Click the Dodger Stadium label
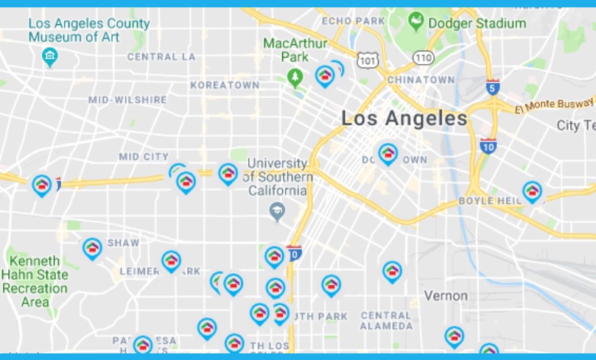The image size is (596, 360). tap(480, 23)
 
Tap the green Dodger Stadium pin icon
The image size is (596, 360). tap(417, 21)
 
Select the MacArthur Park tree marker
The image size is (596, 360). tap(295, 77)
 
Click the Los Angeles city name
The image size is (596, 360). tap(404, 118)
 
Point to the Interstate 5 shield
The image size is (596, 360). tap(493, 88)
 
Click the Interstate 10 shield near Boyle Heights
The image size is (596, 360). tap(488, 145)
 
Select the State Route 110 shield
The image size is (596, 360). tap(423, 56)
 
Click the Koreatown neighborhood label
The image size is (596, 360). tap(225, 85)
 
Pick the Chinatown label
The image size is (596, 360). tap(421, 79)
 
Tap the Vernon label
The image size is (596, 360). tap(446, 295)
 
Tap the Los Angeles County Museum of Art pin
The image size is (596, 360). tap(50, 56)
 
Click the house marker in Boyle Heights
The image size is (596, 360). tap(532, 191)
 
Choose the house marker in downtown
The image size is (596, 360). tap(388, 154)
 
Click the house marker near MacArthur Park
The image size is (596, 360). tap(324, 75)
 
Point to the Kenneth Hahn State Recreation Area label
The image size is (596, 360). tap(35, 281)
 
